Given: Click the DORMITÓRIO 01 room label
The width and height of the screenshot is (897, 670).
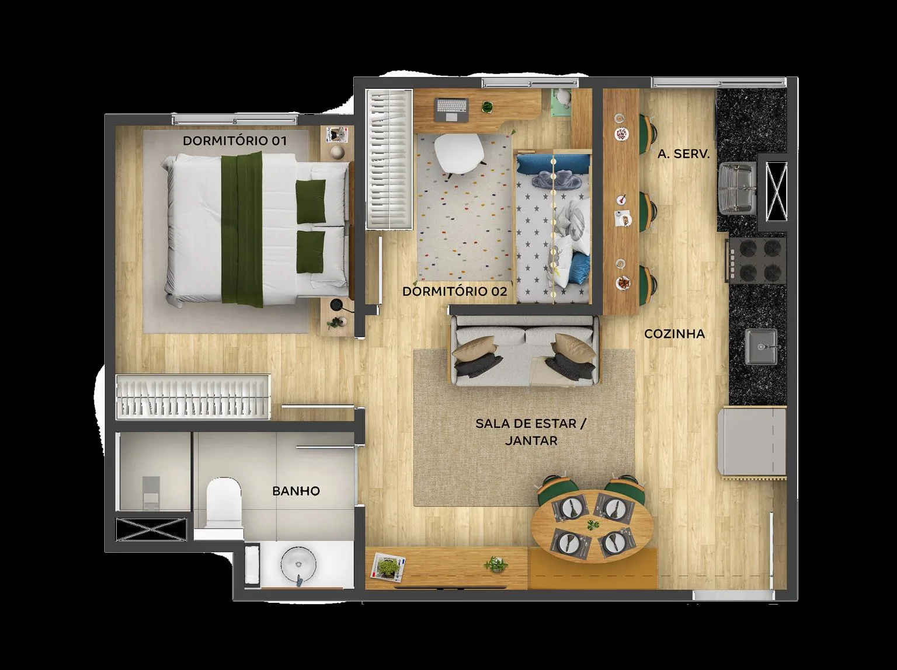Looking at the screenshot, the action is [x=235, y=141].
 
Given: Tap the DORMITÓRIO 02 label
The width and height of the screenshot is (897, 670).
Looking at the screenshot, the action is [x=455, y=291].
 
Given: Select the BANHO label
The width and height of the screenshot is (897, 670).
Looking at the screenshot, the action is [x=296, y=491].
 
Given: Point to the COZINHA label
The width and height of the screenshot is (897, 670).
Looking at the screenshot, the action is [x=675, y=334].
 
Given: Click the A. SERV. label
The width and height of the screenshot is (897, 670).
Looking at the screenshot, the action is [x=684, y=154].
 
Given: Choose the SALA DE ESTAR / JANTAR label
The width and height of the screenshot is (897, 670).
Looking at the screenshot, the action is [x=531, y=432].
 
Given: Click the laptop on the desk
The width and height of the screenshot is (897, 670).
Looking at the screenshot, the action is [x=451, y=109].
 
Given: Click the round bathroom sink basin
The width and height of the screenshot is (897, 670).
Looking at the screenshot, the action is [x=298, y=564].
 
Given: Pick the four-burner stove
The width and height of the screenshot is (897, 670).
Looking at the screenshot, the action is [x=756, y=260].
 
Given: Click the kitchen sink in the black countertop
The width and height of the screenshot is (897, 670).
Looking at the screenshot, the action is [x=760, y=347].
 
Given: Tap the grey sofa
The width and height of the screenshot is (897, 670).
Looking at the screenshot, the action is [x=524, y=351].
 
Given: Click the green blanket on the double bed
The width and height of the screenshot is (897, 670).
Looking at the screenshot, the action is [x=242, y=229].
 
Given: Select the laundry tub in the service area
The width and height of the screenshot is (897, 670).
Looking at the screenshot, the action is [x=738, y=188].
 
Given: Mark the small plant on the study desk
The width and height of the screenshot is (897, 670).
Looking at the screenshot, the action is [x=486, y=107].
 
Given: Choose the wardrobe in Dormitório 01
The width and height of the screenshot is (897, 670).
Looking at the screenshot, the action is [x=193, y=396].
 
